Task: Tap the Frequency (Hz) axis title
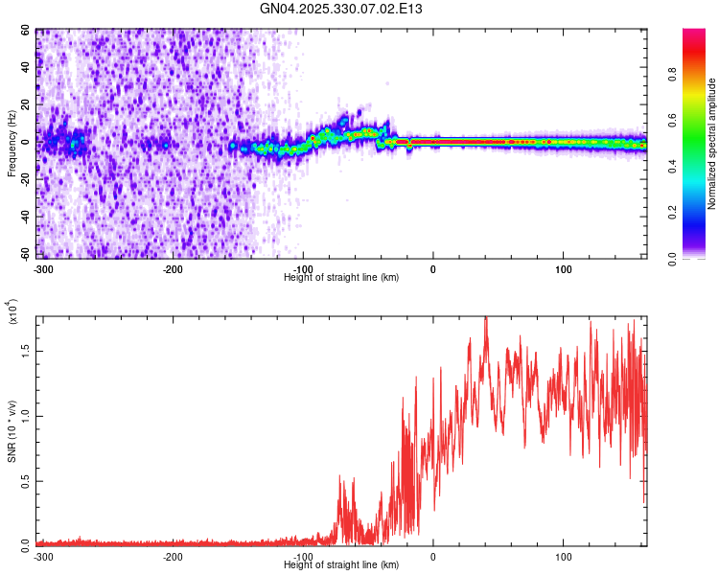tap(12, 144)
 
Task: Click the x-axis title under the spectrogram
tap(341, 278)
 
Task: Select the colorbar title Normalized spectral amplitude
tap(711, 144)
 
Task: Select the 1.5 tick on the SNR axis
tap(26, 351)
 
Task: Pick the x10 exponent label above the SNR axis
tap(12, 312)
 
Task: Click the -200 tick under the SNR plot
tap(173, 556)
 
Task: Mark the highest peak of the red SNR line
tap(486, 318)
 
